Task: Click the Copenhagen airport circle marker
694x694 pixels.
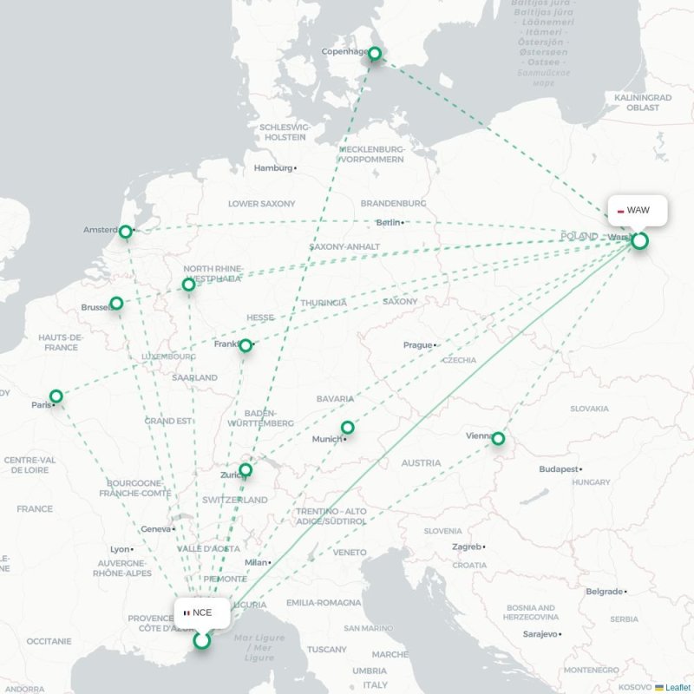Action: coord(375,54)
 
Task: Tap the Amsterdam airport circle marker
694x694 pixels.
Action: coord(126,232)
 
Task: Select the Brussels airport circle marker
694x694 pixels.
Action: coord(116,304)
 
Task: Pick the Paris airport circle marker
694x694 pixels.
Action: coord(56,396)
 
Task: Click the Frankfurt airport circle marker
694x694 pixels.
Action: coord(246,345)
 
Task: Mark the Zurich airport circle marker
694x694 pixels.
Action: coord(246,470)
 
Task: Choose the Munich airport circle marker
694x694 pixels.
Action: coord(348,427)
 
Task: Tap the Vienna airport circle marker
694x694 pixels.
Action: coord(498,439)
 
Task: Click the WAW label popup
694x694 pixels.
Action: coord(638,211)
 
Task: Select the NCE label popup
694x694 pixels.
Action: coord(201,612)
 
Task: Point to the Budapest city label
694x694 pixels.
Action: coord(558,469)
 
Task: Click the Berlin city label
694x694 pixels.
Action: coord(389,223)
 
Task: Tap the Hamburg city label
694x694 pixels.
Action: coord(273,168)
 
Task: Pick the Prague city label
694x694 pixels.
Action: coord(417,345)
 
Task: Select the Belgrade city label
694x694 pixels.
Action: coord(605,592)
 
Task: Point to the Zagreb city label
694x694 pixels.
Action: coord(467,547)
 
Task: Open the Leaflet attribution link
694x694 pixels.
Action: coord(678,687)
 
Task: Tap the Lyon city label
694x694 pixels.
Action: coord(119,549)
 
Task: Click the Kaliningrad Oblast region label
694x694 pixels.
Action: coord(643,103)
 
